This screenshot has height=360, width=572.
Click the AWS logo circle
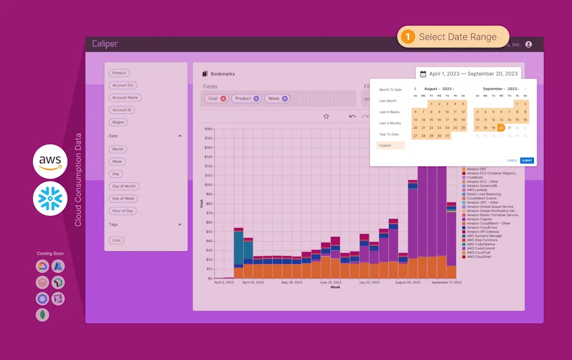coord(50,162)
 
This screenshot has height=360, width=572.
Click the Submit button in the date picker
coord(527,160)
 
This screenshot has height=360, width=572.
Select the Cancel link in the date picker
coord(512,160)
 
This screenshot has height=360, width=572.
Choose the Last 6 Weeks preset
coord(389,112)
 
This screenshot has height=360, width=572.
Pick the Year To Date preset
coord(389,134)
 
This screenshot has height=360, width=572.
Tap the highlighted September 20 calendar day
coord(501,127)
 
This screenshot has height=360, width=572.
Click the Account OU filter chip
coord(123,86)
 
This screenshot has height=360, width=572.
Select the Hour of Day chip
coord(123,211)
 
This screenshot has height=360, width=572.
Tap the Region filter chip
coord(118,122)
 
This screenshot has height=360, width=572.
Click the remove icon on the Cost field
coord(223,98)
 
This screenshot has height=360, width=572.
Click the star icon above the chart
coord(326,116)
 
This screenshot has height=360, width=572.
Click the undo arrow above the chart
coord(352,116)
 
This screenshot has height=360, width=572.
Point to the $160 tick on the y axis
coord(208,129)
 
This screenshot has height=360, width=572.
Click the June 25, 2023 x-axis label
coord(330,283)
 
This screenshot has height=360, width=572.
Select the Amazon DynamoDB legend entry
coord(481,186)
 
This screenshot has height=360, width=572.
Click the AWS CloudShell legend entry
coord(479,257)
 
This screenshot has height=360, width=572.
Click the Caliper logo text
coord(105,44)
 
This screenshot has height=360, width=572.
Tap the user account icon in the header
coord(528,44)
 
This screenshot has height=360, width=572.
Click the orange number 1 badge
coord(408,37)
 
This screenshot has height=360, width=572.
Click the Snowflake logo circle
coord(50,198)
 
